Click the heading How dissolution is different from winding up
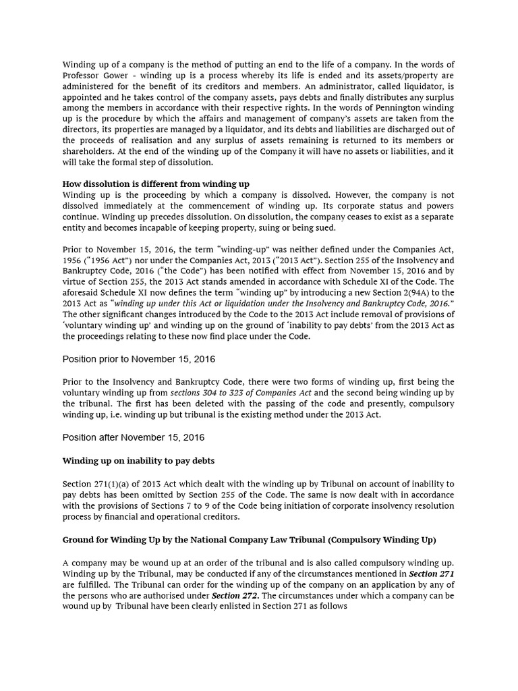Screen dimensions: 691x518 pos(156,184)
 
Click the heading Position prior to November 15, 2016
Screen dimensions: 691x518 pos(139,359)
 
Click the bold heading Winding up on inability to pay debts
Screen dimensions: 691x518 pos(138,461)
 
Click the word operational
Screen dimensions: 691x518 pos(171,517)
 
